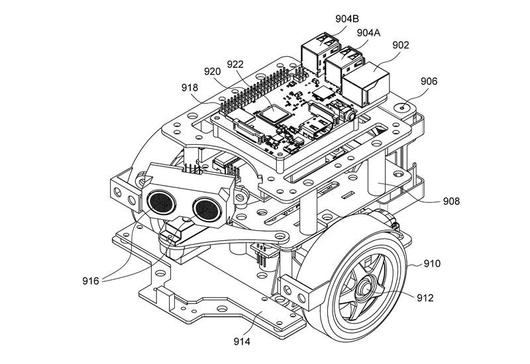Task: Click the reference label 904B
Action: pyautogui.click(x=346, y=19)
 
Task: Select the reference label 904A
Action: pyautogui.click(x=368, y=32)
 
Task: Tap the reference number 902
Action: pyautogui.click(x=401, y=45)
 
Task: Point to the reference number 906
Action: pyautogui.click(x=429, y=81)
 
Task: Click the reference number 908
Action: pyautogui.click(x=451, y=201)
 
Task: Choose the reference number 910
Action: pyautogui.click(x=432, y=263)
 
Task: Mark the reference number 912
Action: pyautogui.click(x=425, y=298)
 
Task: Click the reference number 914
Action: pyautogui.click(x=242, y=341)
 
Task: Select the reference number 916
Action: pyautogui.click(x=91, y=281)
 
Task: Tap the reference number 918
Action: pyautogui.click(x=189, y=88)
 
